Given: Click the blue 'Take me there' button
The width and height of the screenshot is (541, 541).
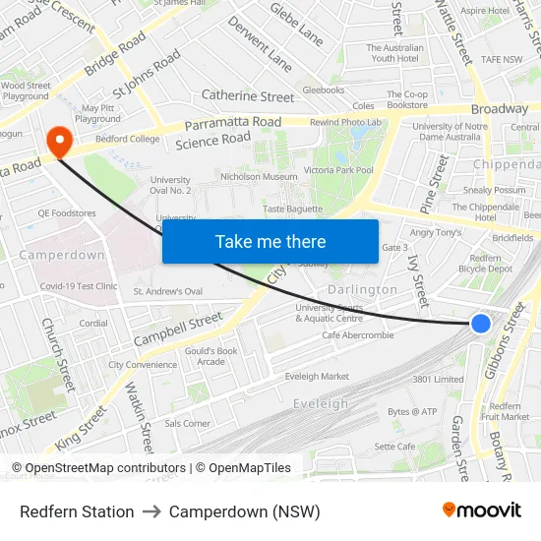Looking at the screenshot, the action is pyautogui.click(x=270, y=241).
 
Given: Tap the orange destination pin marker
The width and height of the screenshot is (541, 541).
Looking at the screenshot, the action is pyautogui.click(x=60, y=142).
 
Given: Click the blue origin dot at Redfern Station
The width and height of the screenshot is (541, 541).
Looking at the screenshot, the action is pyautogui.click(x=481, y=323).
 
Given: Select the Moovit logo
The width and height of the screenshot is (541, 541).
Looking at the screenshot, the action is pyautogui.click(x=482, y=511).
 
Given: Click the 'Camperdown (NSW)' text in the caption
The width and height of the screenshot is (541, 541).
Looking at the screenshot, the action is pyautogui.click(x=245, y=511).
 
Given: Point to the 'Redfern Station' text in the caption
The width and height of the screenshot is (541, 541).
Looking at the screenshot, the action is pyautogui.click(x=77, y=511).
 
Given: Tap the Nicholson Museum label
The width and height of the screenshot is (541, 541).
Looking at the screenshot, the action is pyautogui.click(x=259, y=177).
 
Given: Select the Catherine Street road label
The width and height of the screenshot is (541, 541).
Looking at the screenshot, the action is pyautogui.click(x=248, y=96).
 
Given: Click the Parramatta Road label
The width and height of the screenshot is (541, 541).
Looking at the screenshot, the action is pyautogui.click(x=233, y=124).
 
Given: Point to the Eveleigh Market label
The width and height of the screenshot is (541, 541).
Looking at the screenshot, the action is pyautogui.click(x=317, y=377).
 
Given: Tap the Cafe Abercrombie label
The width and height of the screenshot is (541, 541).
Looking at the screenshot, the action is pyautogui.click(x=358, y=335).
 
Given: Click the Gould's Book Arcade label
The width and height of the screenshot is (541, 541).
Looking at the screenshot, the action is pyautogui.click(x=212, y=356).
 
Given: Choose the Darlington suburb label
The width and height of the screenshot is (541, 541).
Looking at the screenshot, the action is pyautogui.click(x=362, y=290).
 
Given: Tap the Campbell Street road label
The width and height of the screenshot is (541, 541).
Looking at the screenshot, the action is pyautogui.click(x=178, y=329).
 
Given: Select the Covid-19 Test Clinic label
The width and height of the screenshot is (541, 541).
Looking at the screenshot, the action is pyautogui.click(x=79, y=286).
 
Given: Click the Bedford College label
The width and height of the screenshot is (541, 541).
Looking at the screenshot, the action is pyautogui.click(x=127, y=139).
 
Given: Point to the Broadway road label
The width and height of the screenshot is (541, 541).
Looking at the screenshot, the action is pyautogui.click(x=500, y=109).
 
